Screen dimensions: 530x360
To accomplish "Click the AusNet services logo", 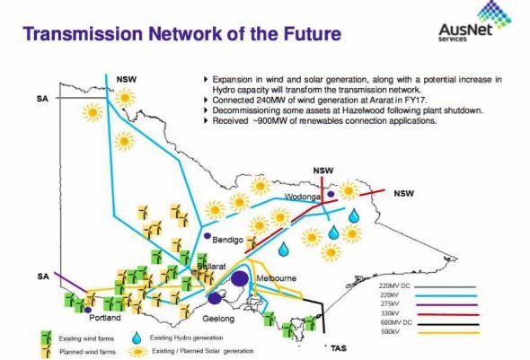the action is point(474,21).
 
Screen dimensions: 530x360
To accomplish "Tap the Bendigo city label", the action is point(228,240).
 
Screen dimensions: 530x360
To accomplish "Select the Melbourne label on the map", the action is point(277,278).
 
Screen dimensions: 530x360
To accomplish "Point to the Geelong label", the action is point(218,319).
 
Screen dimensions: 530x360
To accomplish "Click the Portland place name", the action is point(105,318).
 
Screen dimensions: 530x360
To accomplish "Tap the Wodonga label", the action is point(302,197).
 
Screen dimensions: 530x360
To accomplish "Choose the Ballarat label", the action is point(212,266).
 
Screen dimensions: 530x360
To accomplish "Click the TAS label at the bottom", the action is point(339,348).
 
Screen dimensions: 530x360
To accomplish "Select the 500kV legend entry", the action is point(430,332).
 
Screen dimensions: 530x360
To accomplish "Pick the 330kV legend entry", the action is point(430,313).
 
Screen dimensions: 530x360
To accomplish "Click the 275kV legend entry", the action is point(430,304).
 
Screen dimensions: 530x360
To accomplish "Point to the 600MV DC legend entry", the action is point(430,323).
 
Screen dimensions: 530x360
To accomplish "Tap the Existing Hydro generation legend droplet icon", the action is point(137,338).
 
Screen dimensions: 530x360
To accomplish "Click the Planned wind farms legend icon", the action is point(47,352).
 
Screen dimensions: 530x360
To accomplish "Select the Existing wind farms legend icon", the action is point(47,337).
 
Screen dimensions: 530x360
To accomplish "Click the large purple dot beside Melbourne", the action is point(240,278).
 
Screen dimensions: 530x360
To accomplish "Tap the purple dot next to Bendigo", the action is point(208,236).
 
